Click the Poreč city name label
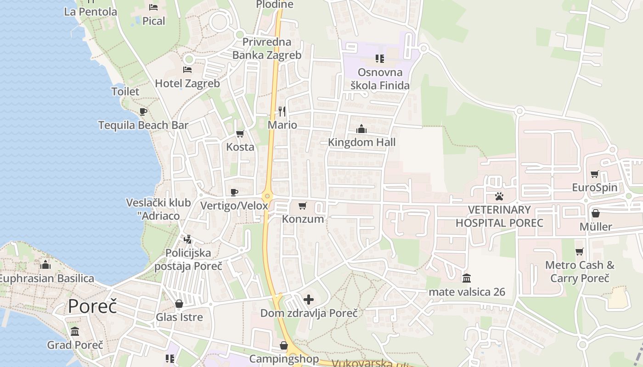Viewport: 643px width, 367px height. coord(92,306)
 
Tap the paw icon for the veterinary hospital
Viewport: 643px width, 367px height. coord(499,196)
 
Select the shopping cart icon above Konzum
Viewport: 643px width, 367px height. coord(302,206)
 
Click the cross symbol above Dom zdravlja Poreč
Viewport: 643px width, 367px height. coord(309,300)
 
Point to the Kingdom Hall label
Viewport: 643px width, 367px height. coord(361,142)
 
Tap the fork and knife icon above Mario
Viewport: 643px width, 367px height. coord(282,111)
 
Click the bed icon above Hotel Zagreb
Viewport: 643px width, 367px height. coord(187,70)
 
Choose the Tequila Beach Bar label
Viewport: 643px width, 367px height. coord(143,125)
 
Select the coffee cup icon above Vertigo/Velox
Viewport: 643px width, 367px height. coord(234,192)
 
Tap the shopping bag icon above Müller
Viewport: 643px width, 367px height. coord(596,213)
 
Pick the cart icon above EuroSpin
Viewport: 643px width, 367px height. coord(595,174)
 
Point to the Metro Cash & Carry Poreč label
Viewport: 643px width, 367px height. coord(580,272)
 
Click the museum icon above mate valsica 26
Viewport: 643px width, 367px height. coord(467,278)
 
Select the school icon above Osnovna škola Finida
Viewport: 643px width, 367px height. coord(380,58)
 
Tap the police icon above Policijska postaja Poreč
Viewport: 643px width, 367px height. coord(187,239)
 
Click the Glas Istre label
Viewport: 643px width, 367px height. coord(179,317)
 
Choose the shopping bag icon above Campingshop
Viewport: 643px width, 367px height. coord(284,345)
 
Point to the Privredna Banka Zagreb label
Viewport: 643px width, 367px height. coord(267,49)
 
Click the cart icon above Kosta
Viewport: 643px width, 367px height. coord(240,133)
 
